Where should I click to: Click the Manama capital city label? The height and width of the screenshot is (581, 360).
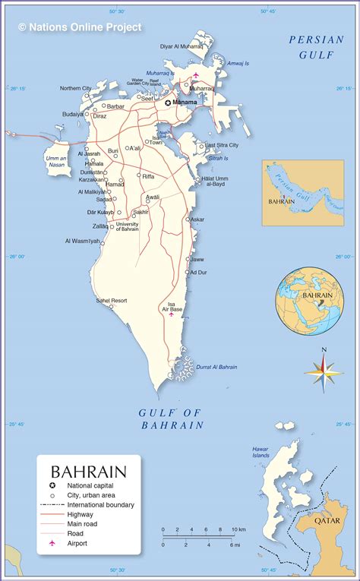point(185,102)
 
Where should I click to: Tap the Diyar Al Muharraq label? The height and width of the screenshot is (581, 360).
point(181,46)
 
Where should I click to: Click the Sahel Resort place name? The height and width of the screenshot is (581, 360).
point(111,301)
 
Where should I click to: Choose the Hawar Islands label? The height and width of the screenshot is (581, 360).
point(261,453)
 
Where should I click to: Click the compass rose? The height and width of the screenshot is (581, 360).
point(324,371)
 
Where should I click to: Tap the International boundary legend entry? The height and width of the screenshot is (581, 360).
point(100,504)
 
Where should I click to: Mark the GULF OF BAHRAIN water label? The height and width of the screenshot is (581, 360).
point(172,418)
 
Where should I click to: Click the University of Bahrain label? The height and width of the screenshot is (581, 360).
point(127,226)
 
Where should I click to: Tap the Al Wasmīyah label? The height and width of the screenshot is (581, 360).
point(82,241)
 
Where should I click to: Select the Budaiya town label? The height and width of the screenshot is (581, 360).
point(73,114)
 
